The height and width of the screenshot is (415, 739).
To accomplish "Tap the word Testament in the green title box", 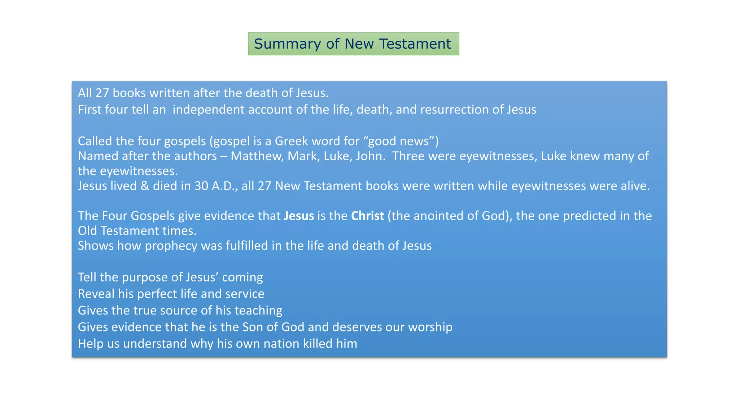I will coord(415,44).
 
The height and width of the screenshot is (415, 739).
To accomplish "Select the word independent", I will coord(209,110).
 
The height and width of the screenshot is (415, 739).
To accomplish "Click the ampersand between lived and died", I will coord(145,186).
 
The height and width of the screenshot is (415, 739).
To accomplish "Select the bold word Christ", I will coord(367,216).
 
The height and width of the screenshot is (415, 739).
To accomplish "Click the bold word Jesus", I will coord(299,216).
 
